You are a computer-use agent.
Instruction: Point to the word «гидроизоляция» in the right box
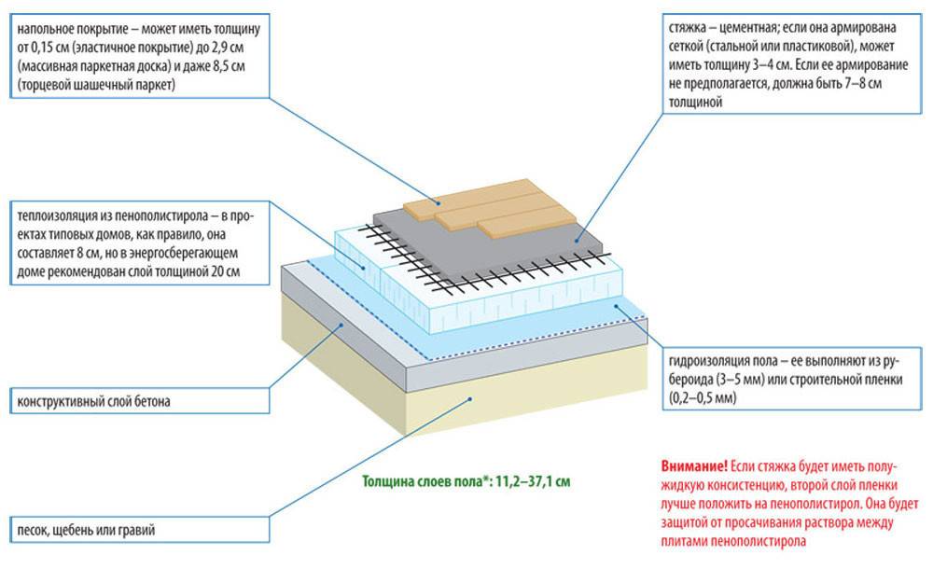(706, 361)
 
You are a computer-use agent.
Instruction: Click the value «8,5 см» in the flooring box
(240, 65)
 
